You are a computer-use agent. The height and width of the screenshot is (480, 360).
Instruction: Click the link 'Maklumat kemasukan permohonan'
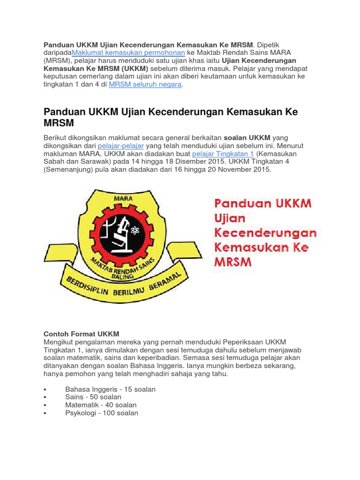pos(128,52)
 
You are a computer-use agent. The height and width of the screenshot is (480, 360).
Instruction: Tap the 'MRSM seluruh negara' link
pos(145,85)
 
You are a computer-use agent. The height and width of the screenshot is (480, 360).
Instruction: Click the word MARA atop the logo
pos(123,198)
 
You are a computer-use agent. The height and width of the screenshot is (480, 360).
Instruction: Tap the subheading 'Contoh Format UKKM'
pos(81,334)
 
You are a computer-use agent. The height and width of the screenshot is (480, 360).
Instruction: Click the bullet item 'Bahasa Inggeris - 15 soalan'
pos(110,390)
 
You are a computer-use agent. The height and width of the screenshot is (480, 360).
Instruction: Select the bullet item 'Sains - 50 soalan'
pos(93,397)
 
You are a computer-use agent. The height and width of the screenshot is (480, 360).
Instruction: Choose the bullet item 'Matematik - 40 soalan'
pos(101,405)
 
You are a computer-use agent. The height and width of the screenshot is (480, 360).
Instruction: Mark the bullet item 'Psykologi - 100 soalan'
pos(102,413)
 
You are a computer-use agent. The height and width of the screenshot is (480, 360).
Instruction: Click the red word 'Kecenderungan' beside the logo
pos(265,232)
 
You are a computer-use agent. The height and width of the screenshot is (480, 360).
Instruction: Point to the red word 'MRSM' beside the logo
pos(233,261)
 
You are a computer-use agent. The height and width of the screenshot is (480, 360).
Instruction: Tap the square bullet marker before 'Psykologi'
pos(45,413)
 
